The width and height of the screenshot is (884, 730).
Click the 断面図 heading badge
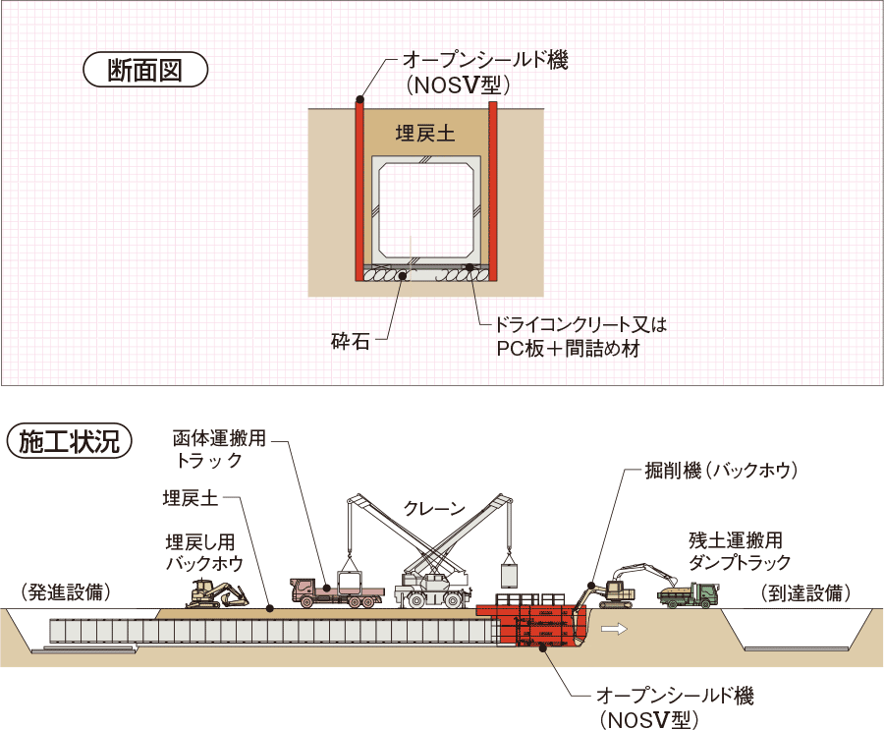(x=145, y=72)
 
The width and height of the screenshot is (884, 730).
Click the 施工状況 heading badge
(x=69, y=442)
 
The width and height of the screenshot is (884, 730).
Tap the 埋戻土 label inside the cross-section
(x=425, y=135)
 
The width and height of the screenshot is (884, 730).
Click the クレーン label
(x=434, y=508)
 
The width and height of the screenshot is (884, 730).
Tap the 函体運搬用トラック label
(x=219, y=448)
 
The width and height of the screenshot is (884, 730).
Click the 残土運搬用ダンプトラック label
(x=740, y=551)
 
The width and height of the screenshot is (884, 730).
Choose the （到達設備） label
(x=805, y=592)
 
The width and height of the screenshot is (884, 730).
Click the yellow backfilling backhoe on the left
(x=216, y=593)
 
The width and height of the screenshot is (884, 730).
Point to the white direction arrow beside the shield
(x=616, y=625)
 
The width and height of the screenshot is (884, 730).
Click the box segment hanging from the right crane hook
(x=509, y=572)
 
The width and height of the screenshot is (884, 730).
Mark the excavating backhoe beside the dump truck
(x=614, y=587)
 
